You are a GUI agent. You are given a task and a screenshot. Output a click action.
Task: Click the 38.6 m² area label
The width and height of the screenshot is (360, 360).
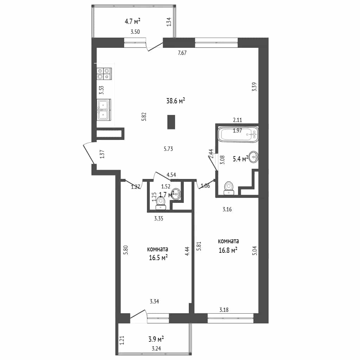coord(176,101)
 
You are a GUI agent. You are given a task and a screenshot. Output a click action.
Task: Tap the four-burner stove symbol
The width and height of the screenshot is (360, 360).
coord(104,74)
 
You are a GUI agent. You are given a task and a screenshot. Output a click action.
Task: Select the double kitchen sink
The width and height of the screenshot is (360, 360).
coord(104,110)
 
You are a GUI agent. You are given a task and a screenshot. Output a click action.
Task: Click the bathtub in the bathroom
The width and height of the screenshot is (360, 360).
coord(238,134)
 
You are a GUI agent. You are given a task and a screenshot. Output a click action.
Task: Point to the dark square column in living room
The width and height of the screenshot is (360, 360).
coord(171,122)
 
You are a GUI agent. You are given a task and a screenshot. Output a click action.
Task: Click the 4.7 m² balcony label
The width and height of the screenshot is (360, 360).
coord(133,21)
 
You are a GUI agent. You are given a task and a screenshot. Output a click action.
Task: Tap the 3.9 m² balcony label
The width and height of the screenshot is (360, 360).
coord(156,339)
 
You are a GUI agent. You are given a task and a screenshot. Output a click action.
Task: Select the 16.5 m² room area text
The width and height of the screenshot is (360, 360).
coord(158,257)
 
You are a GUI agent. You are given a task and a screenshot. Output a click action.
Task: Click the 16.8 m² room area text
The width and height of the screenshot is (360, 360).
coord(228,250)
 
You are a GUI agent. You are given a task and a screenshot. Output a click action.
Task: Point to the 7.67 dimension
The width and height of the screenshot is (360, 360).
coord(182,53)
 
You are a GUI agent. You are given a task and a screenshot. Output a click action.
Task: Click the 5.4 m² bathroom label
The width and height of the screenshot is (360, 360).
coord(240,159)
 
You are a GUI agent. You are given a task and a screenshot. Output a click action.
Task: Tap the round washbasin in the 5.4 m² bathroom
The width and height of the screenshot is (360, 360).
coord(254,157)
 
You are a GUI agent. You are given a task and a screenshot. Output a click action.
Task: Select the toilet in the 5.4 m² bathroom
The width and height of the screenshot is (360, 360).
coord(228,188)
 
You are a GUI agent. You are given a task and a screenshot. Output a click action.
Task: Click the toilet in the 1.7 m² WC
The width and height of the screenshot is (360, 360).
coord(161,204)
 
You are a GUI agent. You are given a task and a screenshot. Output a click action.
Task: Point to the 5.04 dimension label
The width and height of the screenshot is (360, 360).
coord(255,251)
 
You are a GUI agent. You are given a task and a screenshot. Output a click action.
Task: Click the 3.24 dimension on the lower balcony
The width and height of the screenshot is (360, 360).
coord(156,348)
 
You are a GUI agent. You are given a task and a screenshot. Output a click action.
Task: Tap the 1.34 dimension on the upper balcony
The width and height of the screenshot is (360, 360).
coord(169,22)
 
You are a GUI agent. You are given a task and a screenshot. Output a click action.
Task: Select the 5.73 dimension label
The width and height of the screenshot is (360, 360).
coord(168,149)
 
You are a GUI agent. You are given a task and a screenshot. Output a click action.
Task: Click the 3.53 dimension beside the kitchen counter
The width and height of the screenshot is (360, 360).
coord(102,90)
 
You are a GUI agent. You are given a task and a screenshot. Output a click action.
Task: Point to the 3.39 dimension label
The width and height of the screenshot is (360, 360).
coord(254,87)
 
